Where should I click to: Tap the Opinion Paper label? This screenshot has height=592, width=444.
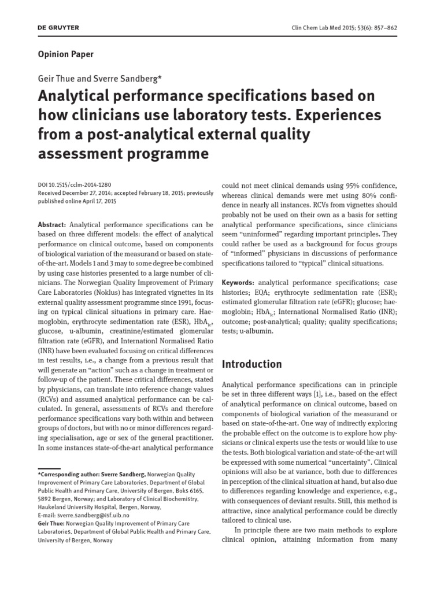pos(65,54)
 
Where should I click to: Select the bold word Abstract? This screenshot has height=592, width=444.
pos(53,224)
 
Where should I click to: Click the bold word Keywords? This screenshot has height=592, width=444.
pos(238,282)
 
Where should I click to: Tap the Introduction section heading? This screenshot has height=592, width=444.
pos(251,364)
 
